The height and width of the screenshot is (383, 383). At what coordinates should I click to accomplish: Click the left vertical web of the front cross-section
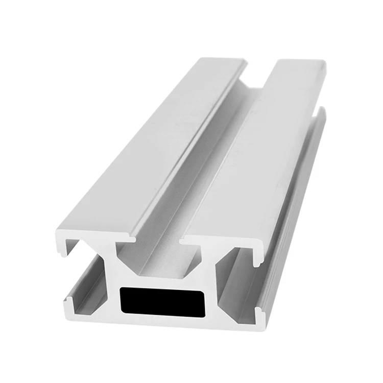pos(111,286)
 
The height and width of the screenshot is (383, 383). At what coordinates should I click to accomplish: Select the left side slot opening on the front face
pos(84,278)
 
